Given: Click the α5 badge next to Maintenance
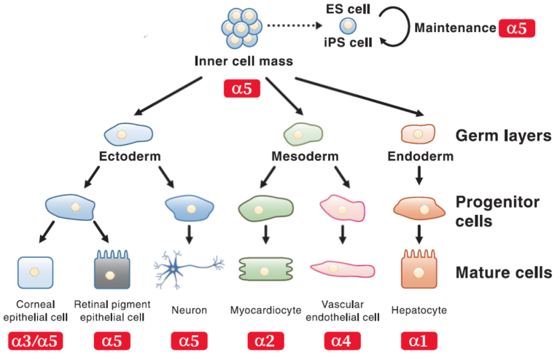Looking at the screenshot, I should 516,28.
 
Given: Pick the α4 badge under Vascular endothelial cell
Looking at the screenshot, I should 342,341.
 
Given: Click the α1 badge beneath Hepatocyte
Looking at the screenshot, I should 419,341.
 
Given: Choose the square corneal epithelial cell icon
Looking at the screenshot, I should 34,272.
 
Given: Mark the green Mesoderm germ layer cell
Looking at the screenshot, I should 303,133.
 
